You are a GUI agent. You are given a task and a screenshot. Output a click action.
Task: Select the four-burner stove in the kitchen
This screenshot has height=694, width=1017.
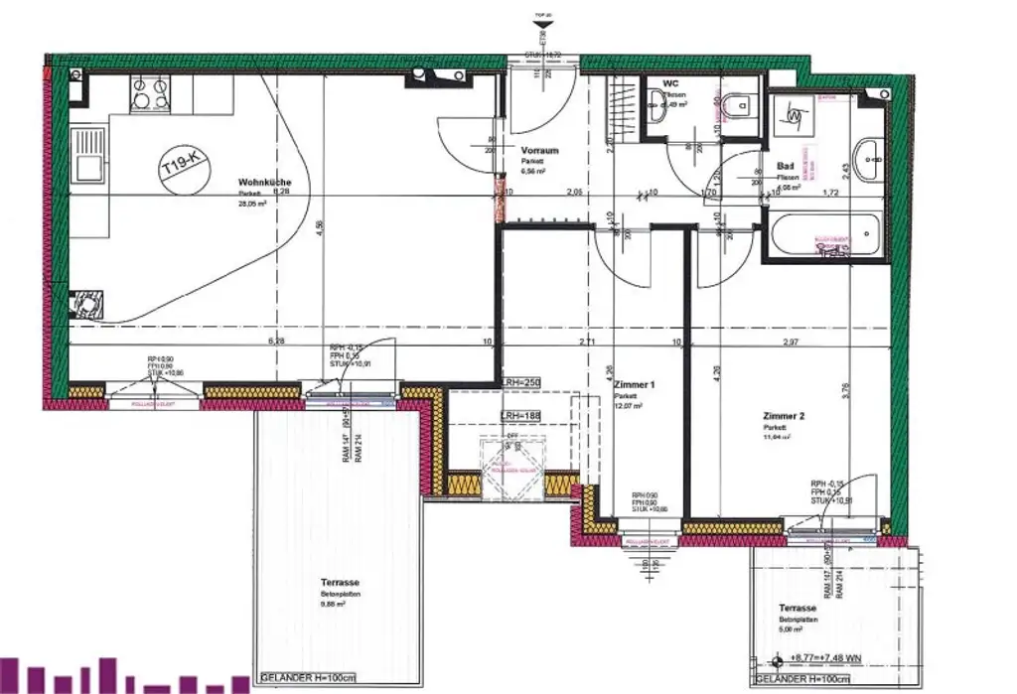pyautogui.click(x=150, y=94)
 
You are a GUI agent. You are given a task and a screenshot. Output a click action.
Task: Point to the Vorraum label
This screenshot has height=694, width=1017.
pyautogui.click(x=539, y=151)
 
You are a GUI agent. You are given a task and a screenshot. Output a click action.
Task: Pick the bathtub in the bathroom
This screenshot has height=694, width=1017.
pyautogui.click(x=823, y=235)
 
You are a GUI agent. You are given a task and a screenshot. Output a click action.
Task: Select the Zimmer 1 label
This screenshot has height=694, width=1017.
pyautogui.click(x=634, y=383)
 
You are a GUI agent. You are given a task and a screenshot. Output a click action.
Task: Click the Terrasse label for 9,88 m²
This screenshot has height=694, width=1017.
pyautogui.click(x=340, y=584)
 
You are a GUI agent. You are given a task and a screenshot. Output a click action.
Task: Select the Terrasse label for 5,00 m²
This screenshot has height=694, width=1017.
pyautogui.click(x=798, y=608)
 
